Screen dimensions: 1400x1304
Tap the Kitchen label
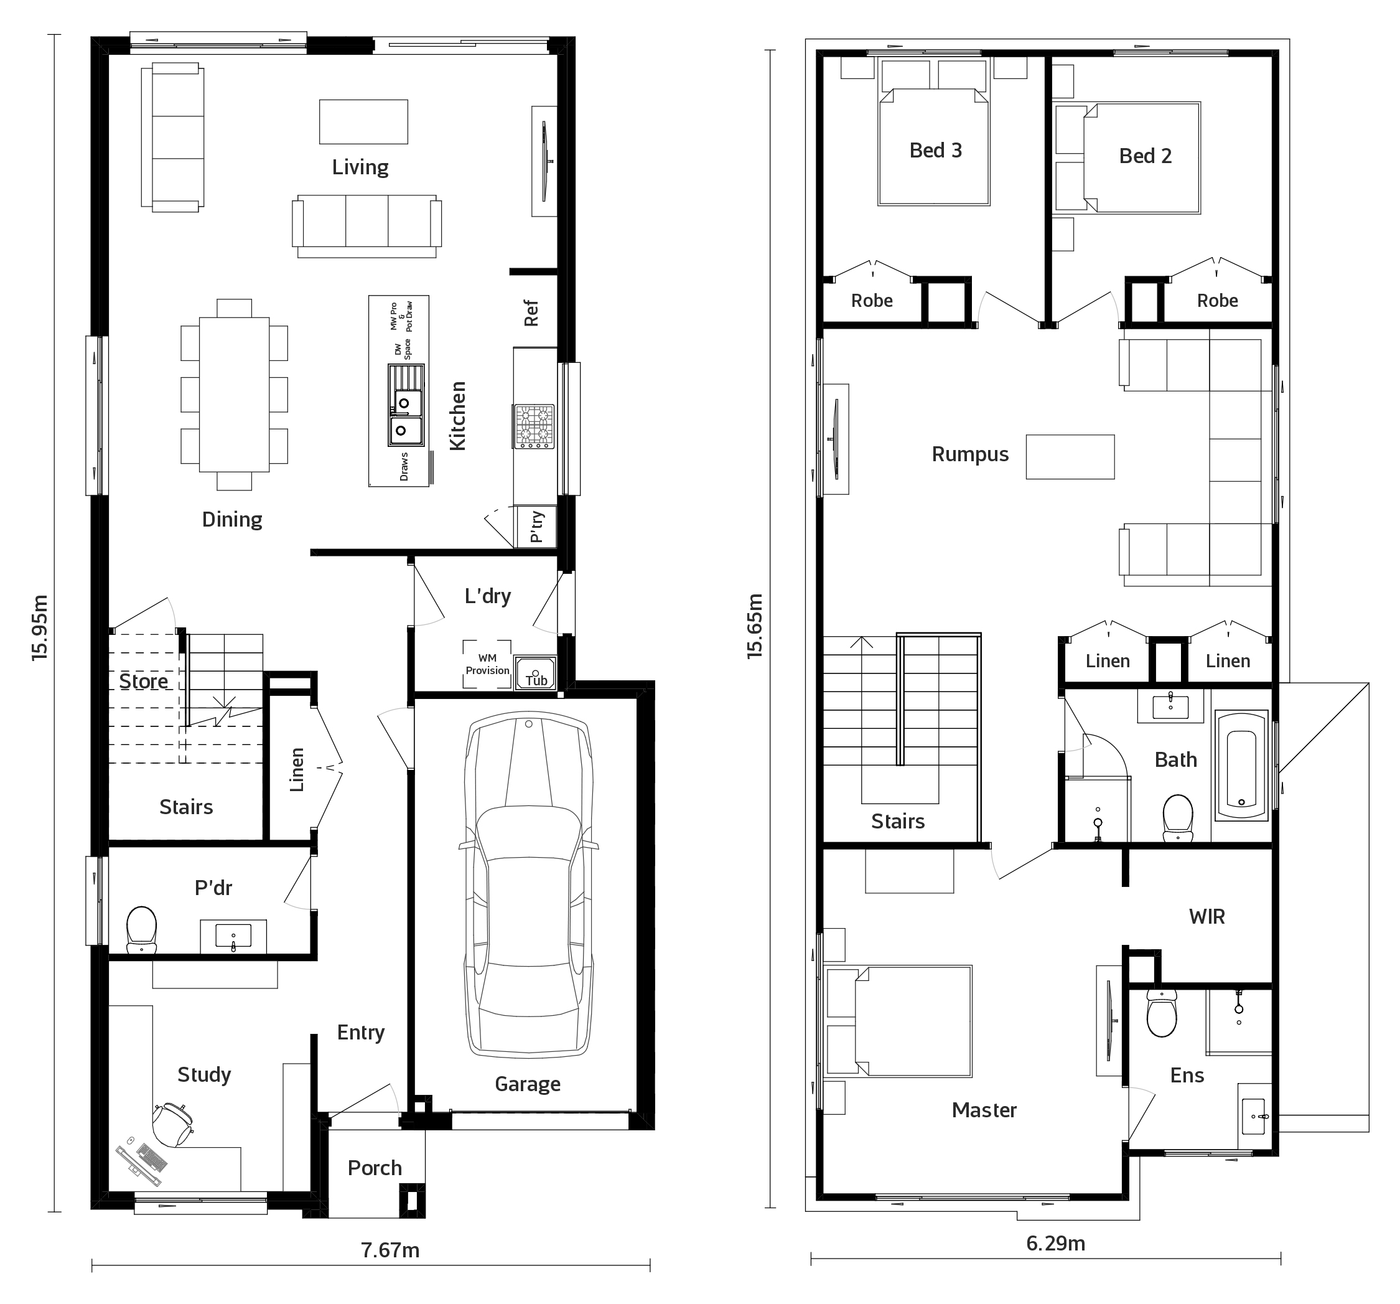click(x=458, y=416)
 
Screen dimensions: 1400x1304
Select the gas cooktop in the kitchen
click(x=534, y=426)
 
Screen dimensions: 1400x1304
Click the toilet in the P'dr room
click(x=141, y=929)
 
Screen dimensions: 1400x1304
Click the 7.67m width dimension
click(x=390, y=1250)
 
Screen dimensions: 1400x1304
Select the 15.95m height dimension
click(x=40, y=627)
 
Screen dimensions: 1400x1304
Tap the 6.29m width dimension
click(x=1056, y=1244)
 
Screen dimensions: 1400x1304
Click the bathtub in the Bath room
click(x=1241, y=765)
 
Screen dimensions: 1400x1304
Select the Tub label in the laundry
click(x=536, y=680)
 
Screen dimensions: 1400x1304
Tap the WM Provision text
click(x=487, y=664)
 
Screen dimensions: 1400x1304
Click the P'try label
click(x=536, y=527)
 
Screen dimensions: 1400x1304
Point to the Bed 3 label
click(x=935, y=150)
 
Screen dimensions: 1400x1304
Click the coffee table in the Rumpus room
click(x=1070, y=457)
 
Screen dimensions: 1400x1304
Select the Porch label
click(x=375, y=1168)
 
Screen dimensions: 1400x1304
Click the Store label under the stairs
click(x=144, y=681)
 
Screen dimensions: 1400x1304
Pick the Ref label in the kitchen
click(x=531, y=314)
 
